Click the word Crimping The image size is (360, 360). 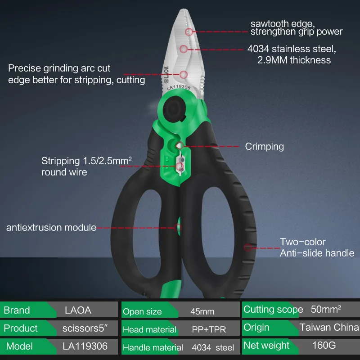[265, 146]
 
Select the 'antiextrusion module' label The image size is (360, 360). [51, 227]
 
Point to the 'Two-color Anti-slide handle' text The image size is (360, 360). [317, 247]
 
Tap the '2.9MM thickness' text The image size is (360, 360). [294, 60]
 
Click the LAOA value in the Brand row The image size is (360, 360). [78, 310]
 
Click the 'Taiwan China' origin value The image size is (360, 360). [328, 328]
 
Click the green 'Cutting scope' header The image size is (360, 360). [273, 310]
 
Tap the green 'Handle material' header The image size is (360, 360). [153, 347]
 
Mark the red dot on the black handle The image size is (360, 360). [247, 247]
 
